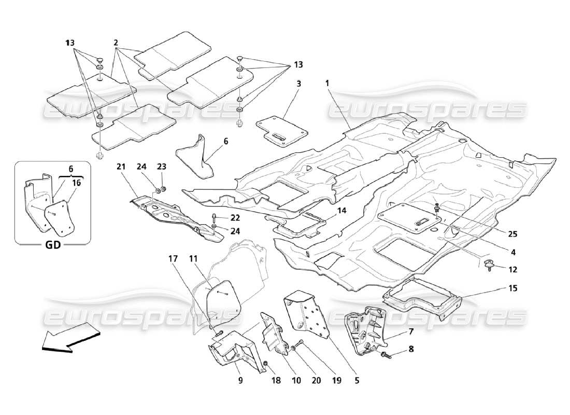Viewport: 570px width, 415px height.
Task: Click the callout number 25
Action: point(512,234)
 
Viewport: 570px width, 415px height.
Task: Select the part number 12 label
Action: point(512,269)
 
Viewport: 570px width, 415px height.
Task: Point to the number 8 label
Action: point(411,350)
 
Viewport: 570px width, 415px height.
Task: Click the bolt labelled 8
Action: point(388,354)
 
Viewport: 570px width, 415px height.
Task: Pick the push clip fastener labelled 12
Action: point(489,265)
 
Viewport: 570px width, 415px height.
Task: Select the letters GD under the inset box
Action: point(52,244)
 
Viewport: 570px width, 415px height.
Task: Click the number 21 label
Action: point(121,167)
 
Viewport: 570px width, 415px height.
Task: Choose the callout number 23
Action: point(162,167)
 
